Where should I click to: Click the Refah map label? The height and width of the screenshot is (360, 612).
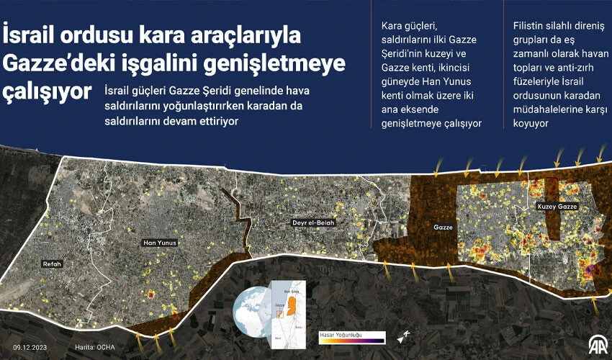click(53, 264)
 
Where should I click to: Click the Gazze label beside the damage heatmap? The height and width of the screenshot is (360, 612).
click(442, 227)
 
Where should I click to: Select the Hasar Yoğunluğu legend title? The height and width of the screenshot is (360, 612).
click(341, 334)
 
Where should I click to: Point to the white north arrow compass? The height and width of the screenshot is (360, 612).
click(402, 336)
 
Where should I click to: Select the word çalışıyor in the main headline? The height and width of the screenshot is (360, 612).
click(48, 92)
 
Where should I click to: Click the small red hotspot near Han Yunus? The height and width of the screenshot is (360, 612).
click(151, 294)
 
